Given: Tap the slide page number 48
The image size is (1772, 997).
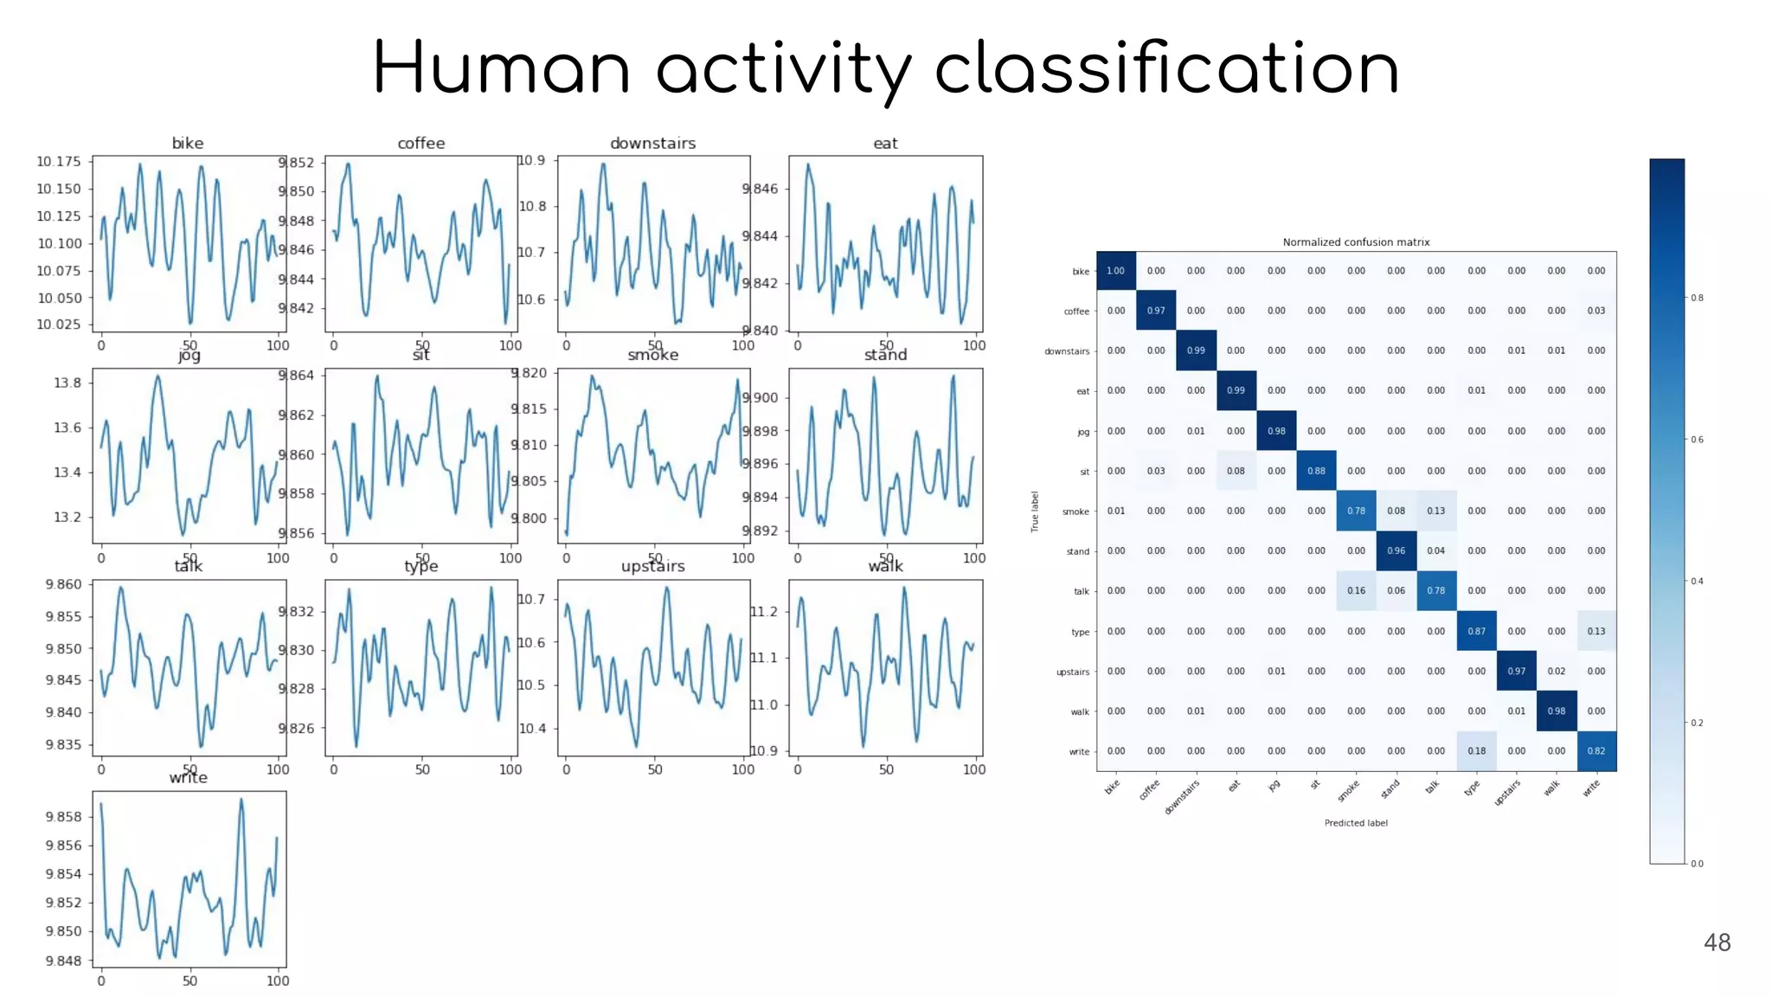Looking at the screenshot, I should (x=1717, y=942).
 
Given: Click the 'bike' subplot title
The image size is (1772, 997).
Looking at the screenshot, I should (x=188, y=143).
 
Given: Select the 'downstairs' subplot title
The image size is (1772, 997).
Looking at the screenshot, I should (x=652, y=143).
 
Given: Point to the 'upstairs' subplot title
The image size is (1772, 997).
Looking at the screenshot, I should (x=652, y=566).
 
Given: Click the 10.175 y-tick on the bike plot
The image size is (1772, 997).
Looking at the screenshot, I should (x=59, y=162).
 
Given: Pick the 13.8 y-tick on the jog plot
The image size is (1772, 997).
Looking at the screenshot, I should (x=67, y=383).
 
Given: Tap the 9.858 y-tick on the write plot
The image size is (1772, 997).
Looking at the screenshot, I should (x=63, y=817).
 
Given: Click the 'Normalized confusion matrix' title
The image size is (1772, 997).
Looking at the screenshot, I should (x=1356, y=242).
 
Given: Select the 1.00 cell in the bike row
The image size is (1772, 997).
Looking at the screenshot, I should (x=1116, y=271).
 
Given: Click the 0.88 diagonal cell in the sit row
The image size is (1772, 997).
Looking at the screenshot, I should (x=1316, y=471).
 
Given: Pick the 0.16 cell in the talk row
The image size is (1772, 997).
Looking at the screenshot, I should (x=1356, y=591).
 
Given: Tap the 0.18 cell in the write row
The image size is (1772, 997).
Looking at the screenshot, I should (x=1476, y=751).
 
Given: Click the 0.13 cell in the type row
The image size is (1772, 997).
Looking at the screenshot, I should (x=1596, y=631).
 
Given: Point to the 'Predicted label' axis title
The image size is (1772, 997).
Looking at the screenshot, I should (x=1356, y=823).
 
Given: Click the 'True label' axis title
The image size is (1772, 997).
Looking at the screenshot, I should (x=1035, y=511).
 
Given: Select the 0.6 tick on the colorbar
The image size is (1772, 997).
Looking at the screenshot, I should (x=1698, y=440).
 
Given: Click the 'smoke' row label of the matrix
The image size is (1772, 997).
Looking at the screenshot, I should (x=1075, y=511).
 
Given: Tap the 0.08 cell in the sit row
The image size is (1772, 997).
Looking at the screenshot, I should (x=1236, y=471).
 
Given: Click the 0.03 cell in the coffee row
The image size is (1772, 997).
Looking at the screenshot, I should (x=1596, y=311).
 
